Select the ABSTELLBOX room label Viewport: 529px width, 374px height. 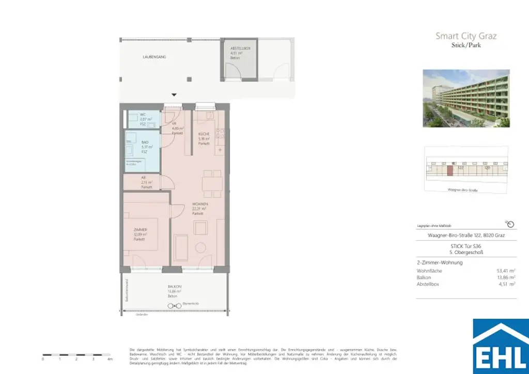pos(240,48)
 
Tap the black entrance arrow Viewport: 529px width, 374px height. pos(174,95)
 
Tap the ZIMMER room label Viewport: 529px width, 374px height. pos(141,230)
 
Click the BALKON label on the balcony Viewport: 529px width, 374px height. pos(174,286)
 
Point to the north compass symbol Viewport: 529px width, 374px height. pos(510,224)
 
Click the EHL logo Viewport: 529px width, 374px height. pos(501,346)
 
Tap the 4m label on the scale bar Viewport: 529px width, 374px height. pos(109,359)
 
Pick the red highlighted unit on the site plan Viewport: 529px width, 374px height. pos(449,170)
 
